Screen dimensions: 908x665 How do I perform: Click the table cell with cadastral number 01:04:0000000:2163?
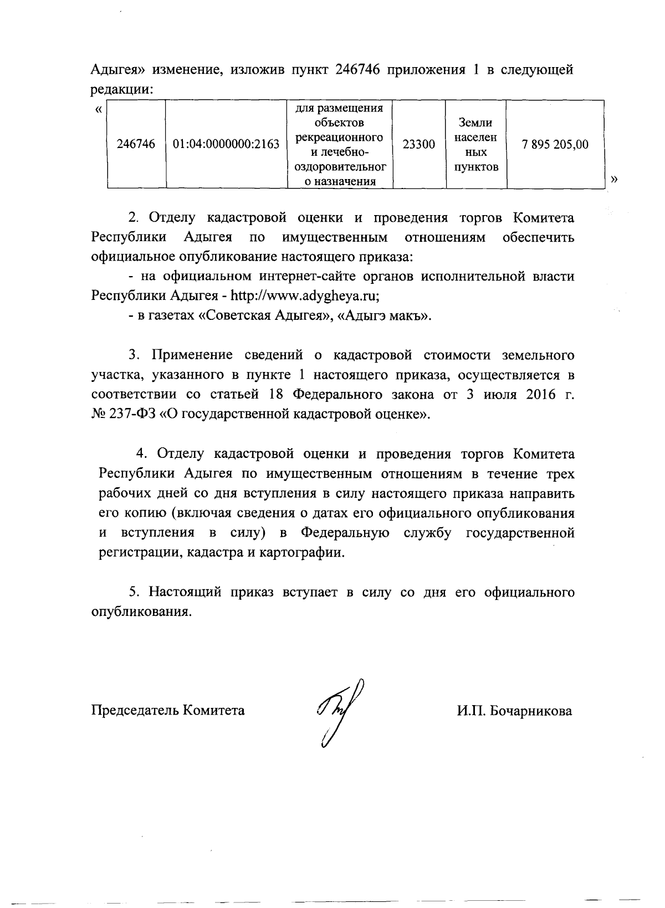coord(226,145)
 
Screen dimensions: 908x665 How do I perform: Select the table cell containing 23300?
coord(418,145)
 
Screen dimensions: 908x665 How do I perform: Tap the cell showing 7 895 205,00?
coord(555,145)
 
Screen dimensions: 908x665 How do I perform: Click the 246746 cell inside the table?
coord(136,145)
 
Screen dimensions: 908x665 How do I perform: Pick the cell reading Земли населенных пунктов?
coord(476,145)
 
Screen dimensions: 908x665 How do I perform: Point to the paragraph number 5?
coord(133,592)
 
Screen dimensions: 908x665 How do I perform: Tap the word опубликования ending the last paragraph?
coord(144,612)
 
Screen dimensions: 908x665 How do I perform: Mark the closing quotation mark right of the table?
coord(613,178)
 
